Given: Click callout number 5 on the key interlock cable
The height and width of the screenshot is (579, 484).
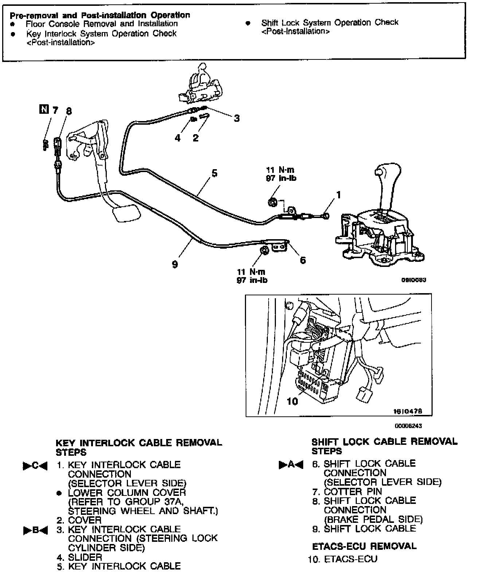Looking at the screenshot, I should (x=214, y=173).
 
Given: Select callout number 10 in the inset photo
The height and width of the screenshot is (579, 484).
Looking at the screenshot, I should (x=292, y=401).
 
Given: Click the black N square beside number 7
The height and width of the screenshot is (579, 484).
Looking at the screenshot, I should (x=43, y=109).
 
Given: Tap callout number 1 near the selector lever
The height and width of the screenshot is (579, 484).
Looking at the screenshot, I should (x=338, y=195).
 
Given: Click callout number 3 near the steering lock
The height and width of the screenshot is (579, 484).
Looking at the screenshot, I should (x=237, y=118).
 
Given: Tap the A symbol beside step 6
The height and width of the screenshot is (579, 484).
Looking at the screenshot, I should (x=291, y=465).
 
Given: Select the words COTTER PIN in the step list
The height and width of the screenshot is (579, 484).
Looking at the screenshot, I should (x=352, y=491).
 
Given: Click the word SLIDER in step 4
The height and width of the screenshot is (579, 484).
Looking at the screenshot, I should (x=85, y=557).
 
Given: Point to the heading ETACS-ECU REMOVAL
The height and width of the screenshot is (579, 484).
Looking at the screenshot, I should (x=364, y=546).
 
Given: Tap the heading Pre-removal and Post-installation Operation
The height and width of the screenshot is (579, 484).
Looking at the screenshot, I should (x=99, y=15).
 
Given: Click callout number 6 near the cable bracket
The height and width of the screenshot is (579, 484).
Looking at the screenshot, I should (x=302, y=260).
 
